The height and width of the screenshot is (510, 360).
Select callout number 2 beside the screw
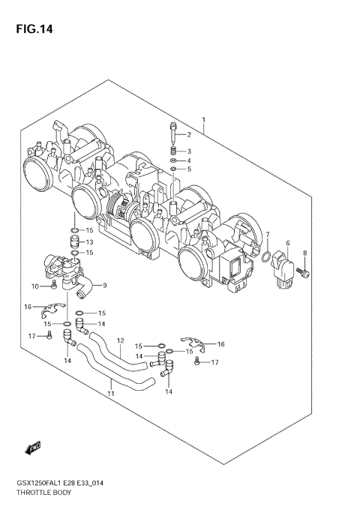tap(189, 135)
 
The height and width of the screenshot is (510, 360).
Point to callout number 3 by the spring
tap(189, 151)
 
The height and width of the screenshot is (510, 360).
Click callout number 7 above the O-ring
tap(267, 235)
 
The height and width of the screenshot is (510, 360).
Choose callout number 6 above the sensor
tap(286, 243)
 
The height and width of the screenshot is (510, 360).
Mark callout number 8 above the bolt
tap(304, 253)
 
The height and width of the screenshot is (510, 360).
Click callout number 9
tap(105, 285)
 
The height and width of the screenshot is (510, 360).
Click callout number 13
tap(89, 242)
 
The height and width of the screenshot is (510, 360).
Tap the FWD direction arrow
tap(34, 448)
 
